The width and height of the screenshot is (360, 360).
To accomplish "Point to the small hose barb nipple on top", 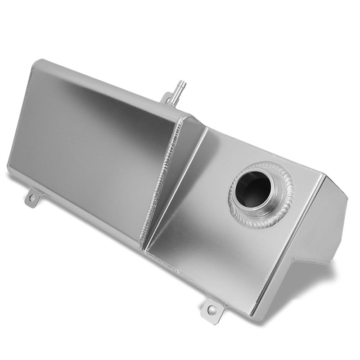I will (x=180, y=84).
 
